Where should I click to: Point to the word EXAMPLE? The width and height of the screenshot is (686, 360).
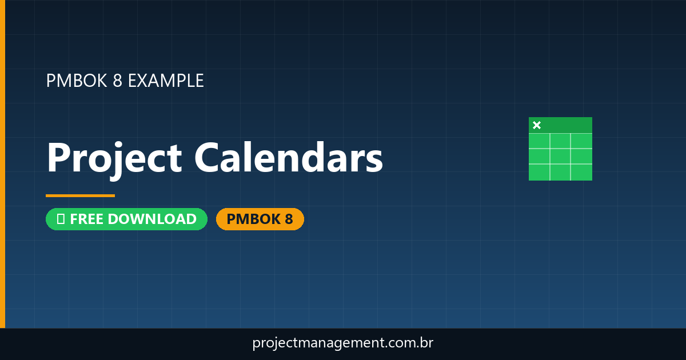(x=166, y=81)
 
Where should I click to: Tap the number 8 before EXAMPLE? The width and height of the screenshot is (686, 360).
(x=118, y=81)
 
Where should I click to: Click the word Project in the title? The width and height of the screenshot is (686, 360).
(x=114, y=158)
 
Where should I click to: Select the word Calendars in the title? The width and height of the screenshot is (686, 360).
(x=289, y=158)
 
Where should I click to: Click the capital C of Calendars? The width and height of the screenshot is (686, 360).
(x=210, y=158)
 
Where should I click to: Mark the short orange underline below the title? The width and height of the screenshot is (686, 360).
(x=80, y=195)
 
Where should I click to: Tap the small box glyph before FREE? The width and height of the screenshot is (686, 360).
(x=61, y=219)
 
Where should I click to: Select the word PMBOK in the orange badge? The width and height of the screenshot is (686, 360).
(x=249, y=219)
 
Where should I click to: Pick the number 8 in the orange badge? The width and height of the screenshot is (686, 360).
(x=288, y=219)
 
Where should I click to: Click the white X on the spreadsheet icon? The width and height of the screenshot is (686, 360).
(x=537, y=125)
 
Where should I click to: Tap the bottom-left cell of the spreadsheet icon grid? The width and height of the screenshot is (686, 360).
(x=539, y=172)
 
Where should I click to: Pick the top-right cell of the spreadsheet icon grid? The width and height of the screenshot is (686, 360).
(x=581, y=141)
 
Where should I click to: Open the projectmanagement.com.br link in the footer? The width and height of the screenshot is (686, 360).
(x=342, y=343)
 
